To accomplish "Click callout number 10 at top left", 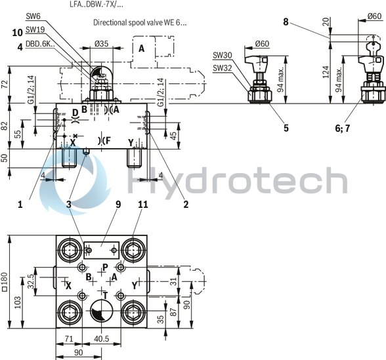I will [17, 31].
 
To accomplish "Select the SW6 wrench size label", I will [33, 15].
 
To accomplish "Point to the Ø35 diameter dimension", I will [101, 45].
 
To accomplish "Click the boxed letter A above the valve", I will [142, 48].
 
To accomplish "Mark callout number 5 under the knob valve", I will [286, 129].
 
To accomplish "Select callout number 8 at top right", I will [286, 22].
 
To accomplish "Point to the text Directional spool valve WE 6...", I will [139, 22].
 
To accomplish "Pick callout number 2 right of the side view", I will [186, 205].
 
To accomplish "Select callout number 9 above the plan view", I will [118, 205].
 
